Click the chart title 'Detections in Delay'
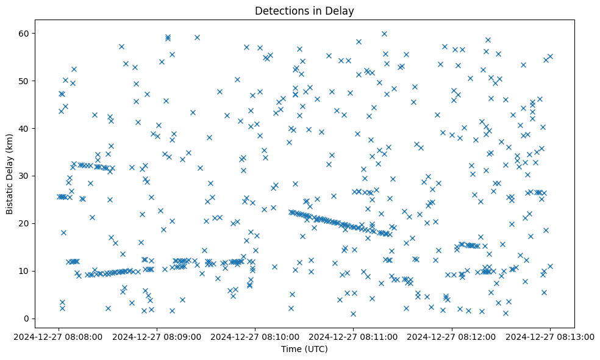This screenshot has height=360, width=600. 304,11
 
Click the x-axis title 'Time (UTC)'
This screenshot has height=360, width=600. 304,349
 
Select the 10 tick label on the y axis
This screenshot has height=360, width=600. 25,271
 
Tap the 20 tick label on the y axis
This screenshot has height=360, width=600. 25,223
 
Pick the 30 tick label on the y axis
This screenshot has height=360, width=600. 25,176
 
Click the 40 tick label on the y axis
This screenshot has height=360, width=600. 25,128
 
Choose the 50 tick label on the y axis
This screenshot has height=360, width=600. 25,81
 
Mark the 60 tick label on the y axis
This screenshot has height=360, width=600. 25,33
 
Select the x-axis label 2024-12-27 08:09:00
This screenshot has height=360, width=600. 157,336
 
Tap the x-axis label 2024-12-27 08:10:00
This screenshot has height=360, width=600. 255,336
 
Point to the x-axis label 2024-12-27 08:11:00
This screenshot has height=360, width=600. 354,336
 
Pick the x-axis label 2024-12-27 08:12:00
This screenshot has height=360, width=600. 452,336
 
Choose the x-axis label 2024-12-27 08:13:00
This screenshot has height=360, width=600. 550,336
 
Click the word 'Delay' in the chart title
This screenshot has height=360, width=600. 341,11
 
